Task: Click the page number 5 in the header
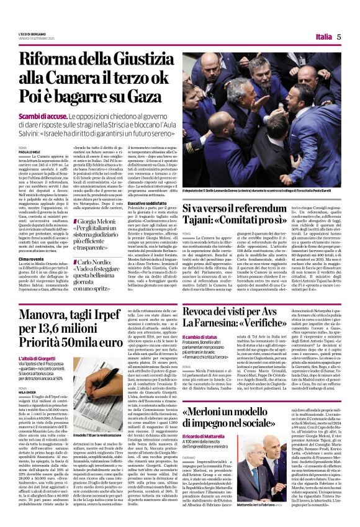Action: click(x=341, y=37)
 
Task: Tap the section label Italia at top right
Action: click(x=323, y=37)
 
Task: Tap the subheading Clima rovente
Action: click(x=32, y=258)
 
